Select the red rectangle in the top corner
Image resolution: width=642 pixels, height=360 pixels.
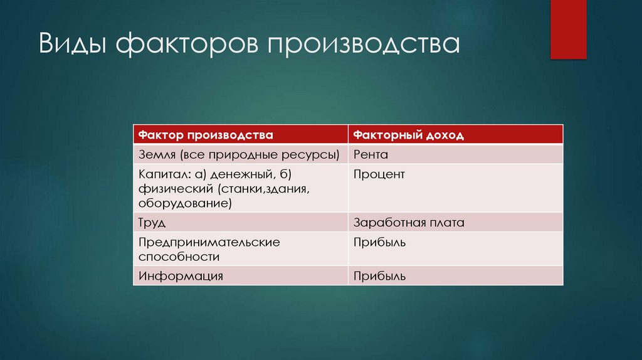(x=568, y=29)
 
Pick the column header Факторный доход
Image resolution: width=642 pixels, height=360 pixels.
(x=408, y=135)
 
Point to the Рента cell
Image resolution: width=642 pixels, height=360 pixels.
(x=371, y=154)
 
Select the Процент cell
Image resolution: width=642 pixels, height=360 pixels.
(x=379, y=174)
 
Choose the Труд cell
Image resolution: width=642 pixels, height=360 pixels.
(x=152, y=223)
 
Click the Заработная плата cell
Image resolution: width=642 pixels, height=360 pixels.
(x=408, y=223)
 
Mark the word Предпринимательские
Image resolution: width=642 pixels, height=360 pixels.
(x=209, y=242)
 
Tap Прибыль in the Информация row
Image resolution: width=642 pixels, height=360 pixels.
(x=379, y=275)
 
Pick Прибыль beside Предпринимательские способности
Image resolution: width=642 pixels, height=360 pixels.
(x=379, y=242)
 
